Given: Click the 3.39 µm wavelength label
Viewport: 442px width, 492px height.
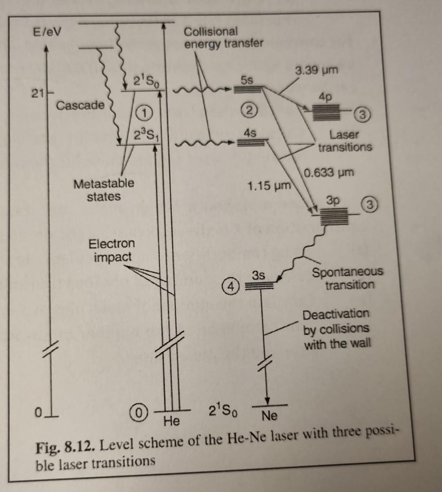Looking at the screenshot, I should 316,70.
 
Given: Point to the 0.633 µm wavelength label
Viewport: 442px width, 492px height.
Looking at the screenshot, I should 329,173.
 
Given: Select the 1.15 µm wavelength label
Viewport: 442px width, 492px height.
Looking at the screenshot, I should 268,186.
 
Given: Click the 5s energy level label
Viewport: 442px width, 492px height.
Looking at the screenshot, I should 246,80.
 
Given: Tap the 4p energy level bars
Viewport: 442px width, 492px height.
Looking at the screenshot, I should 326,112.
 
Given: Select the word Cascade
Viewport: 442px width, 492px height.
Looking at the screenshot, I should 80,106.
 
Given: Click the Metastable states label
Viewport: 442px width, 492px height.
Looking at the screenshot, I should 104,190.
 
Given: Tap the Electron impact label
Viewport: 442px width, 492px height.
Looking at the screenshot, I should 112,250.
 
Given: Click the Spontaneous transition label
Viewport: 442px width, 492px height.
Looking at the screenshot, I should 348,278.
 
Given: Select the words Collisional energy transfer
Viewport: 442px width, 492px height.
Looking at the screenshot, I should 223,37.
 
